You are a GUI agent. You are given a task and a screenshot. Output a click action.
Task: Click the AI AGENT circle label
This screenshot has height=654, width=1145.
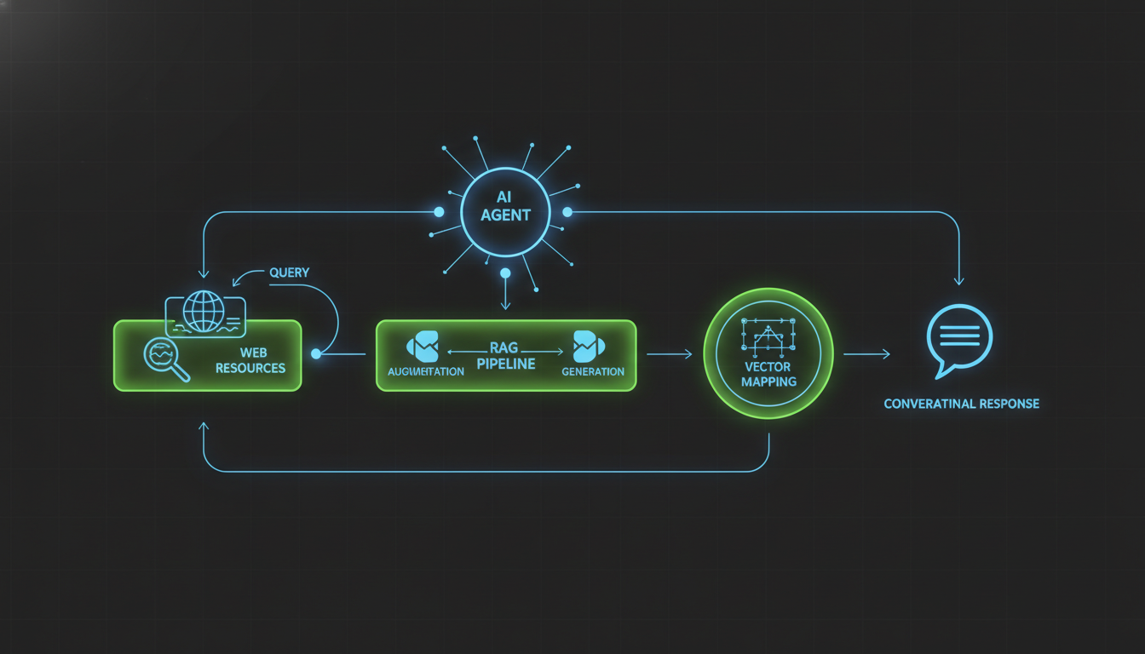pyautogui.click(x=504, y=206)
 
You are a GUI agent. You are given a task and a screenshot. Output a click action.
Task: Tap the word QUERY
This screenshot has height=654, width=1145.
pyautogui.click(x=290, y=272)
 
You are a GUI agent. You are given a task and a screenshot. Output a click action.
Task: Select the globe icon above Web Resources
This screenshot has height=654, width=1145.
pyautogui.click(x=204, y=312)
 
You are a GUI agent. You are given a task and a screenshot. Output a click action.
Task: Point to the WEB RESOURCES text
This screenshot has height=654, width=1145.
pyautogui.click(x=250, y=360)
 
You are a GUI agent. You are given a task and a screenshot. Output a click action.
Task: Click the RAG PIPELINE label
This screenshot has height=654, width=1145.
pyautogui.click(x=505, y=356)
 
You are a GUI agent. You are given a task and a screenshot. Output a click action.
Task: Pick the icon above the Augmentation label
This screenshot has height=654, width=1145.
pyautogui.click(x=423, y=346)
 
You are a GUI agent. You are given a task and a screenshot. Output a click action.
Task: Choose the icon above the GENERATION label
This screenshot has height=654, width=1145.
pyautogui.click(x=589, y=346)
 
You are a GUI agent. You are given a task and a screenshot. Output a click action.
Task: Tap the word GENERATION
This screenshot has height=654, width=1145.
pyautogui.click(x=593, y=371)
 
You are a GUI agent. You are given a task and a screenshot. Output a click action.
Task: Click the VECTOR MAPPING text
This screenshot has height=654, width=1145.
pyautogui.click(x=768, y=374)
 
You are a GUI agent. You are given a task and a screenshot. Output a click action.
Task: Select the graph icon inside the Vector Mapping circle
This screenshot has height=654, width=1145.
pyautogui.click(x=768, y=336)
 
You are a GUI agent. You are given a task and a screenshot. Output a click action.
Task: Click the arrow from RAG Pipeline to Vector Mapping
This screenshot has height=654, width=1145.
pyautogui.click(x=670, y=353)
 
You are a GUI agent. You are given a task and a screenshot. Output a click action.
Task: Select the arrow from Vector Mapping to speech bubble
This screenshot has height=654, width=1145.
pyautogui.click(x=867, y=353)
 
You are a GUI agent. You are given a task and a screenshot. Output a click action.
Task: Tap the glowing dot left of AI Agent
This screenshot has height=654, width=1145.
pyautogui.click(x=439, y=211)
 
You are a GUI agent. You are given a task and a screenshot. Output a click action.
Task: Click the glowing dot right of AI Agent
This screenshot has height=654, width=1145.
pyautogui.click(x=567, y=211)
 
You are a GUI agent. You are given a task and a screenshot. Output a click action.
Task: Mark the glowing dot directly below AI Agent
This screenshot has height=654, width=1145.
pyautogui.click(x=505, y=273)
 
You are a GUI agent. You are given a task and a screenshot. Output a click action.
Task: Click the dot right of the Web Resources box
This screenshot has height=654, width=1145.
pyautogui.click(x=316, y=353)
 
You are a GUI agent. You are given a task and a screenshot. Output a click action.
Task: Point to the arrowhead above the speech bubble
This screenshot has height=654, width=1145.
pyautogui.click(x=959, y=280)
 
